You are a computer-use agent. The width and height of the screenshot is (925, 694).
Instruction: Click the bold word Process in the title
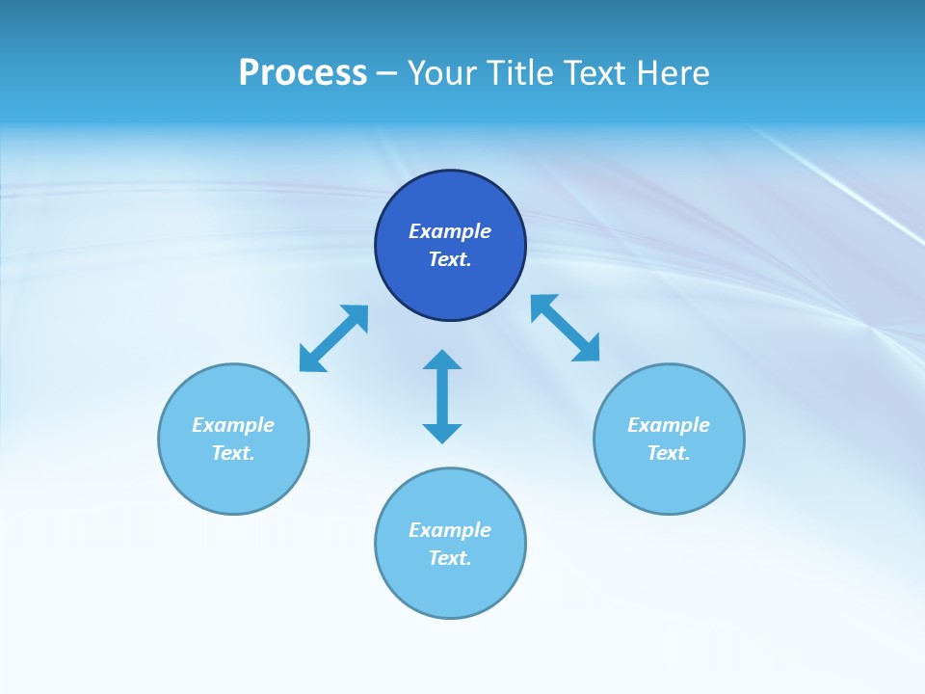point(303,73)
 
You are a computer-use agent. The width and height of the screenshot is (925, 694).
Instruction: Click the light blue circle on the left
point(233,482)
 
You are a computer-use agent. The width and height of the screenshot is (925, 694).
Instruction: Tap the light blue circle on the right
point(669,482)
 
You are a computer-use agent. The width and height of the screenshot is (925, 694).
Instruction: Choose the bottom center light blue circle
point(450,588)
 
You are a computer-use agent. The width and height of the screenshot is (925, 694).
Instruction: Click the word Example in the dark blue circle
point(450,231)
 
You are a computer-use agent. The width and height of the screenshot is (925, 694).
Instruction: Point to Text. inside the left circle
point(233,453)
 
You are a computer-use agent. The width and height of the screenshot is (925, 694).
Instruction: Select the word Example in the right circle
point(669,425)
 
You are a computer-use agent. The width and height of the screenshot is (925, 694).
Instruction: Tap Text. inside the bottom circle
point(450,558)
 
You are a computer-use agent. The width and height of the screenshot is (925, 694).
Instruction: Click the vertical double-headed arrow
point(442,396)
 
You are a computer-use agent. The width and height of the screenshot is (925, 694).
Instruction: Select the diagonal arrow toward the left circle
point(333,338)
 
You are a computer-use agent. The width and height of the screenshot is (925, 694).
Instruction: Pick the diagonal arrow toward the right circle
point(566,328)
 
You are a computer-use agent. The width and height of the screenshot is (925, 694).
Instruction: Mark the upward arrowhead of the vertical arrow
point(442,360)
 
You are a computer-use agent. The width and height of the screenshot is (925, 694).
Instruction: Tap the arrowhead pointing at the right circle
point(588,349)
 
